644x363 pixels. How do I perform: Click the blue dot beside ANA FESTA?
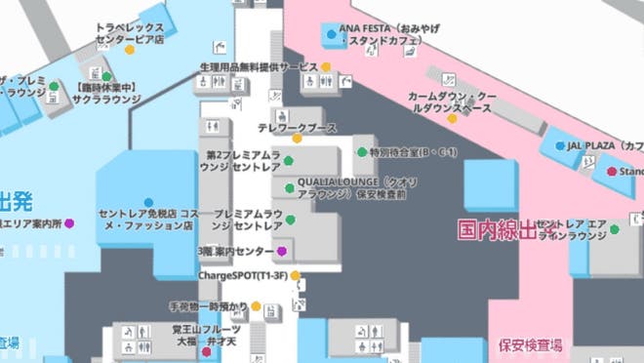(x=332, y=34)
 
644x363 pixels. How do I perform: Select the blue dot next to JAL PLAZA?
(x=559, y=145)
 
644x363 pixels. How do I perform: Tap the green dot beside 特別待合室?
(x=361, y=153)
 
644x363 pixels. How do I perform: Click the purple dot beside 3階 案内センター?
(x=282, y=251)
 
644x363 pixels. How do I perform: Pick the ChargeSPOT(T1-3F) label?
(x=242, y=276)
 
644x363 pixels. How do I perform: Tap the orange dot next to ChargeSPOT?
(x=295, y=276)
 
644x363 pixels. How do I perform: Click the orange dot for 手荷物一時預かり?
(x=256, y=306)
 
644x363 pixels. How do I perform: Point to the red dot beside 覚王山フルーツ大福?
(x=206, y=352)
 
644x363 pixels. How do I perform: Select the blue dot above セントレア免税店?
(x=148, y=202)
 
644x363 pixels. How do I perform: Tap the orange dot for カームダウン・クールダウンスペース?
(x=452, y=118)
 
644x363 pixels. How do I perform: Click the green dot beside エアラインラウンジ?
(x=614, y=229)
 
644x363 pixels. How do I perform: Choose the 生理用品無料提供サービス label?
(x=259, y=66)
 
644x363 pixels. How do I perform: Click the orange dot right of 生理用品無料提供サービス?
(x=326, y=66)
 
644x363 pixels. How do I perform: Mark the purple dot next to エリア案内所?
(x=69, y=223)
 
